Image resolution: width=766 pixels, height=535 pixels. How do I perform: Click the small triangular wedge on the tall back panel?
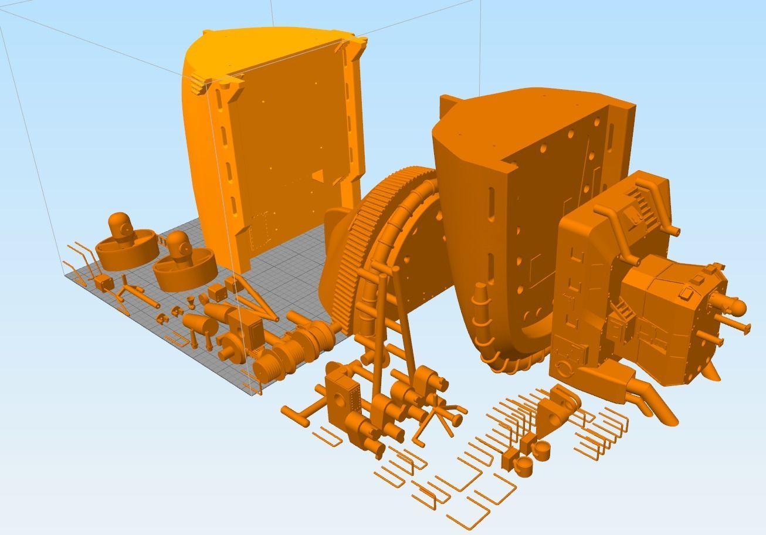point(317,175)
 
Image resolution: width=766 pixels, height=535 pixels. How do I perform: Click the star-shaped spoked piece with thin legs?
point(442,414)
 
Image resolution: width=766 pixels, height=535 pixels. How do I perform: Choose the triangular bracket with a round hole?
point(555,411)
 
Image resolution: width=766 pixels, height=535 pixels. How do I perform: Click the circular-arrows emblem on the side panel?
point(563,368)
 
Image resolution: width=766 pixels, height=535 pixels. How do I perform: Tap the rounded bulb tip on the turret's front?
point(738,307)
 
